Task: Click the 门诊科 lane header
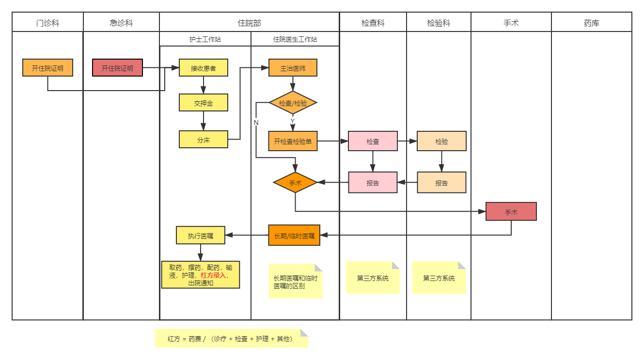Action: (x=47, y=22)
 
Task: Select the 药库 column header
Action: (x=591, y=22)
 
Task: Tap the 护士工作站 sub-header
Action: (x=205, y=39)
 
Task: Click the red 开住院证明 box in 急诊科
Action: (x=117, y=68)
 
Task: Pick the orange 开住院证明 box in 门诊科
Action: (x=47, y=68)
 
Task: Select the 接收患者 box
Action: (x=203, y=68)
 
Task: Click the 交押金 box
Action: (x=203, y=103)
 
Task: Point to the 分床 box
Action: (x=203, y=140)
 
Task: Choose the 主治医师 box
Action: (x=293, y=68)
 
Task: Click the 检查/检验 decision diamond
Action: (x=293, y=103)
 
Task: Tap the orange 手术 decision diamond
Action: (x=295, y=183)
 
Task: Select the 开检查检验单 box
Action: (x=293, y=141)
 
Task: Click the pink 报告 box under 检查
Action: (x=373, y=183)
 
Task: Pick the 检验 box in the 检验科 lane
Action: (x=441, y=141)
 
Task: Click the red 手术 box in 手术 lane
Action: (x=511, y=212)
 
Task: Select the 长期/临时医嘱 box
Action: (x=294, y=235)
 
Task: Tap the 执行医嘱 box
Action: (x=200, y=235)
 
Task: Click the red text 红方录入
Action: (x=213, y=275)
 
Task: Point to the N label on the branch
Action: (x=256, y=123)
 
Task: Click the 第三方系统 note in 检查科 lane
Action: (x=372, y=278)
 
